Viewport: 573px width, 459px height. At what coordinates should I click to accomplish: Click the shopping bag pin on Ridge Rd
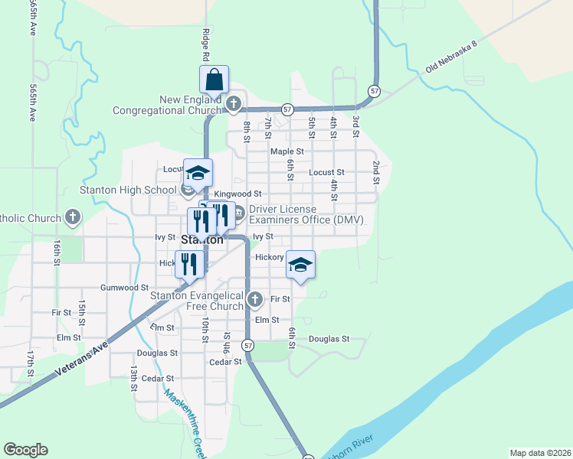point(214,79)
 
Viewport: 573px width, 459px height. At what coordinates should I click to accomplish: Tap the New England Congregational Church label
point(168,105)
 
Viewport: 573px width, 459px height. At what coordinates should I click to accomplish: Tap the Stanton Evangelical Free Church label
point(197,301)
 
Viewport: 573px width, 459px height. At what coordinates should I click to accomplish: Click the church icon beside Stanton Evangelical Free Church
point(255,299)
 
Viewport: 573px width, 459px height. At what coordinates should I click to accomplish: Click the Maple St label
point(287,151)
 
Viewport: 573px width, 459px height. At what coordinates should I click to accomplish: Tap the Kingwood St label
point(237,194)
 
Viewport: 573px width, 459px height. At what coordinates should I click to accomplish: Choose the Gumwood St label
point(124,288)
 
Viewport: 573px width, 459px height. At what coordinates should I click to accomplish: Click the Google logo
point(25,450)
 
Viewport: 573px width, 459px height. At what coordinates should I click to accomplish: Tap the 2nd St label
point(376,173)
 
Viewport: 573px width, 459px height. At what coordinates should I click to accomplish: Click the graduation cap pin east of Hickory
point(301,265)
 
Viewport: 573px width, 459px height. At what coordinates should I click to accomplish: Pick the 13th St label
point(133,375)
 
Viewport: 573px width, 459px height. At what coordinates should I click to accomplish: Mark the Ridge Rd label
point(206,44)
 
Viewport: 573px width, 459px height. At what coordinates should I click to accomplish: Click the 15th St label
point(82,310)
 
